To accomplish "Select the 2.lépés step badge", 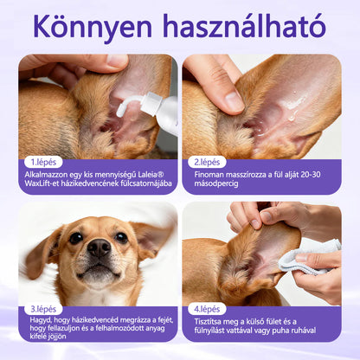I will tap(207, 162).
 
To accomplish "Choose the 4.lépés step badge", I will tap(207, 309).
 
